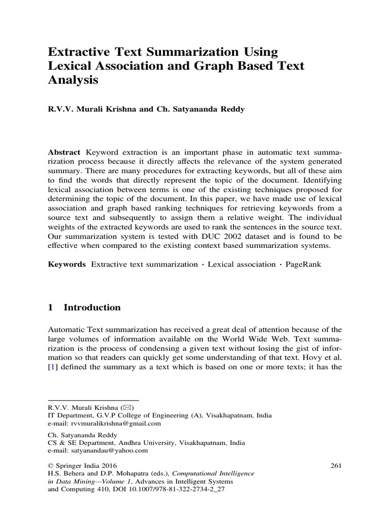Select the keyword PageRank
tap(303, 265)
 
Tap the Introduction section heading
tap(92, 307)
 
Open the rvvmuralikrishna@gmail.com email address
tap(116, 423)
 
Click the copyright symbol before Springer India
tap(50, 466)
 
